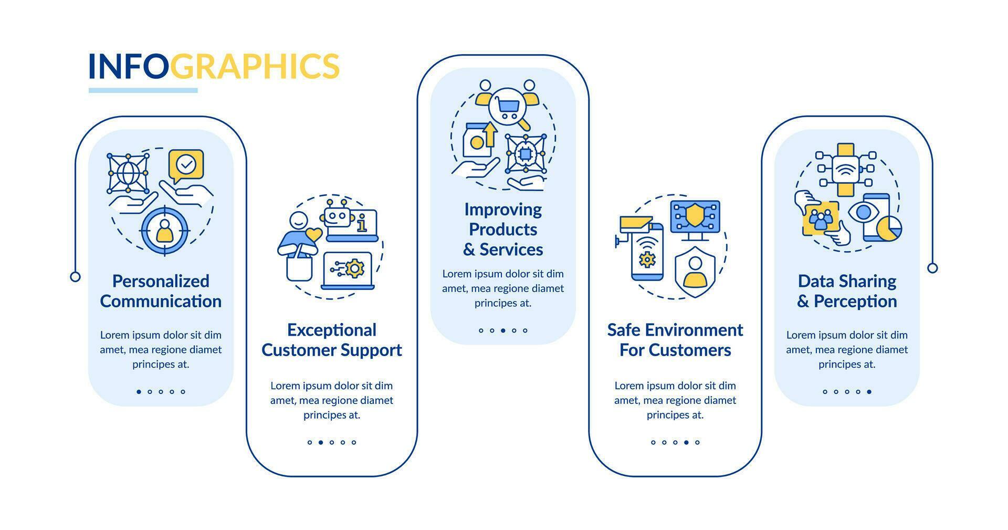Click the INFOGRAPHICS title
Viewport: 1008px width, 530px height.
[214, 66]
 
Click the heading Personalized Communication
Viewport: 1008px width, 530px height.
[161, 291]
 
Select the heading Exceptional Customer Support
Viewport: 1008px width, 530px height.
[332, 340]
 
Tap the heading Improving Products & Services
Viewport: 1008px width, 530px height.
[503, 229]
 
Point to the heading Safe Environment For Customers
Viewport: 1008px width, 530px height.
[675, 340]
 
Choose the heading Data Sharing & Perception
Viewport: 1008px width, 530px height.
[847, 291]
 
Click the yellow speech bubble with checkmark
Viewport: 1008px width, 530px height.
[186, 165]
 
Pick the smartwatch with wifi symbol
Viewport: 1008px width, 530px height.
[846, 170]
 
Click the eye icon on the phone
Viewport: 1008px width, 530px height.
[862, 212]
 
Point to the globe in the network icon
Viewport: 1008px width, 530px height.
[128, 173]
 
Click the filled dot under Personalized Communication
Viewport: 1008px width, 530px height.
[139, 391]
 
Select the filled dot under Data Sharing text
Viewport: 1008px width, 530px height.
[869, 391]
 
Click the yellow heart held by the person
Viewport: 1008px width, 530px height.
[313, 235]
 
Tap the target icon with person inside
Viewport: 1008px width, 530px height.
[164, 231]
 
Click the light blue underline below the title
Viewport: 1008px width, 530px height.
[143, 90]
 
